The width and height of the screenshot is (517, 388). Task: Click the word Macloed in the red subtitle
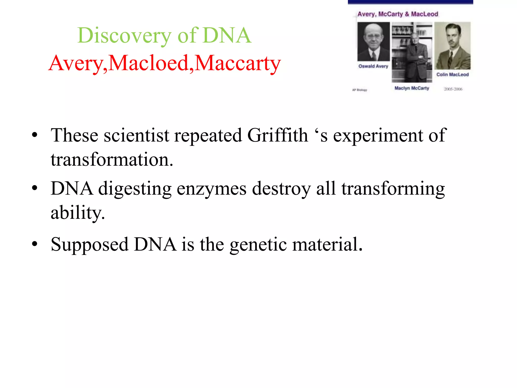pos(149,63)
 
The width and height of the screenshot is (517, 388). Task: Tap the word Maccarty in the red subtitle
pos(238,63)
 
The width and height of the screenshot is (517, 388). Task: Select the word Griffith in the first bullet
pos(278,135)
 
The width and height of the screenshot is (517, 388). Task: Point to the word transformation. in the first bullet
pos(112,160)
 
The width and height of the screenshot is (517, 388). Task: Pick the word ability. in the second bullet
pos(77,213)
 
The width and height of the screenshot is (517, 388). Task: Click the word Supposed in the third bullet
pos(89,245)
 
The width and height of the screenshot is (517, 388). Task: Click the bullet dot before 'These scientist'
pos(35,135)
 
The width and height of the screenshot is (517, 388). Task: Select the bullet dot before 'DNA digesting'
pos(35,188)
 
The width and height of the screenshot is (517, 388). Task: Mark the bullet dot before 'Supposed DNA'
pos(35,244)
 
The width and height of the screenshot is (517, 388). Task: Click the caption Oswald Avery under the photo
pos(373,66)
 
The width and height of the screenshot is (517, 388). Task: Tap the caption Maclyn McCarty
pos(412,88)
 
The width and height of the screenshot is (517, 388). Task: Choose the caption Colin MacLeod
pos(452,75)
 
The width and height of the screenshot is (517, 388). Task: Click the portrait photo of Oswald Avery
pos(373,42)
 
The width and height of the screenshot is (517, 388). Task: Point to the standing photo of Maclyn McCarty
pos(412,52)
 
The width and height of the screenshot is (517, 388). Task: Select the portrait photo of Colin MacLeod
pos(452,46)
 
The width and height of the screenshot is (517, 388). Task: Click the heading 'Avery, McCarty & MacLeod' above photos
pos(398,14)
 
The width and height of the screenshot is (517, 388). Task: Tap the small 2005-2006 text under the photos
pos(453,89)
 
